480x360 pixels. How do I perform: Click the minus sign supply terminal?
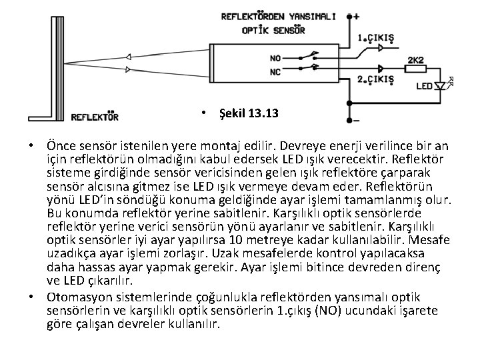pos(357,121)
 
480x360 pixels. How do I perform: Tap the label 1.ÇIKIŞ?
pos(376,38)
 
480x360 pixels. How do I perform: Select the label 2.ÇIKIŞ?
pos(376,80)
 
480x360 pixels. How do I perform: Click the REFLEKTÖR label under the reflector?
pos(95,117)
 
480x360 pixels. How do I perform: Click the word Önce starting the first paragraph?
pos(61,145)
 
